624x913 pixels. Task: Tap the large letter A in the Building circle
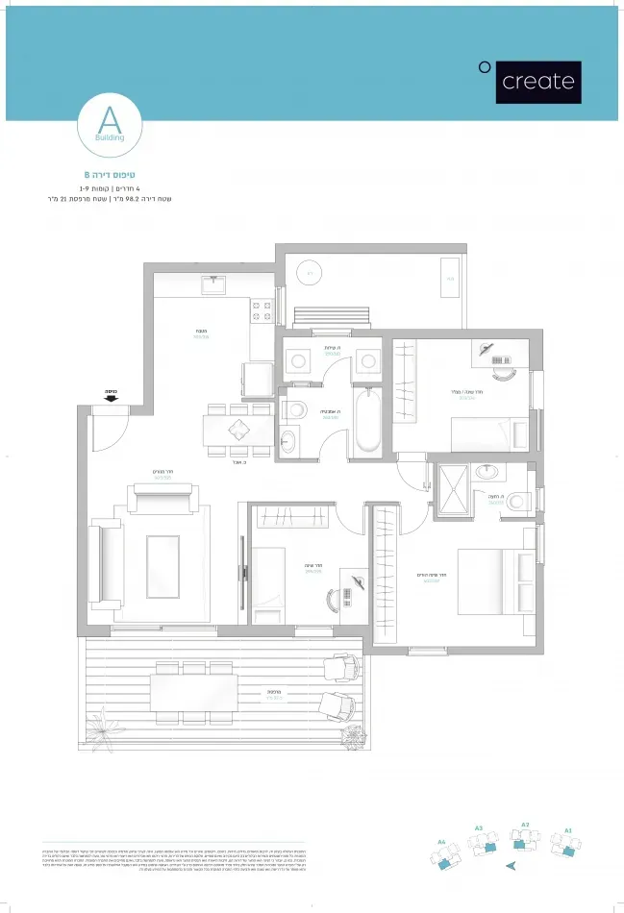coord(110,121)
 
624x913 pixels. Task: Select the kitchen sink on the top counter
coord(213,284)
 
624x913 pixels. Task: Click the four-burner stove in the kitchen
coord(262,310)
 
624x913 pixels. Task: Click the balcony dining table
coord(193,692)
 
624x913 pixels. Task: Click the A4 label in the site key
coord(441,842)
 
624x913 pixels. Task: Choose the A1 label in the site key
coord(568,828)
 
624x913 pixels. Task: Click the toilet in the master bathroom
coord(519,500)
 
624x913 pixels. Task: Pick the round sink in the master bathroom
coord(487,472)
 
